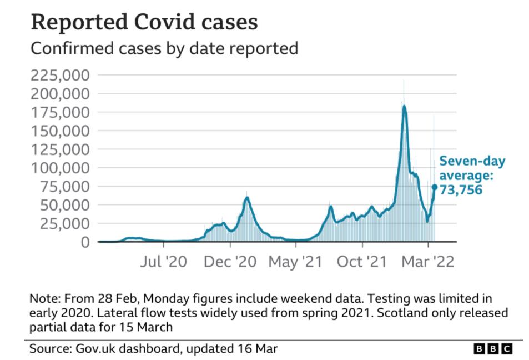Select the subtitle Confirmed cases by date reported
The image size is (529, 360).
point(164,48)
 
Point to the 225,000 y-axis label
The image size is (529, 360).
point(60,75)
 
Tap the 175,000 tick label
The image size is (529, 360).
point(60,112)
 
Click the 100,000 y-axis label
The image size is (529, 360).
point(60,168)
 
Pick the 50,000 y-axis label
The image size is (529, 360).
point(64,205)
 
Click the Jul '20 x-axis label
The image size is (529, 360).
point(164,261)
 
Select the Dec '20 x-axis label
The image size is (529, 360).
point(230,261)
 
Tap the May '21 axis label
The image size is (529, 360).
point(295,261)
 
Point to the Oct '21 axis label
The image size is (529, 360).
point(361,261)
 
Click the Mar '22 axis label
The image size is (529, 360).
point(427,261)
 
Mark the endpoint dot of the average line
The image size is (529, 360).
point(435,187)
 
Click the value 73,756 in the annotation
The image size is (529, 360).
point(460,190)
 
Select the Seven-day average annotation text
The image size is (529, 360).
point(472,168)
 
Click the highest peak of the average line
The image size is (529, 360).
point(404,106)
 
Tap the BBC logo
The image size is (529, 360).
point(493,348)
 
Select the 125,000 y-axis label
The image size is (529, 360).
point(60,149)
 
